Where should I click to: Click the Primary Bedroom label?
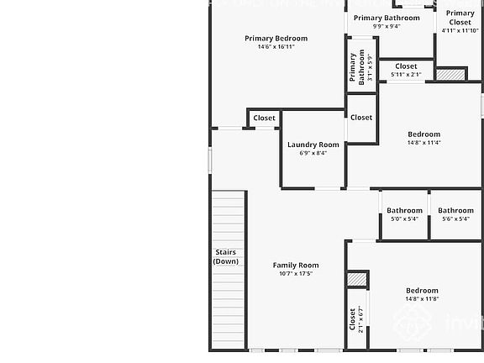click(x=276, y=38)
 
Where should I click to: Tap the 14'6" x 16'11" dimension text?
click(x=276, y=47)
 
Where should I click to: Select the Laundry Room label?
click(x=313, y=145)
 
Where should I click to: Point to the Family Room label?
click(x=296, y=265)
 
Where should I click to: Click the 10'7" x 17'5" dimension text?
click(x=296, y=274)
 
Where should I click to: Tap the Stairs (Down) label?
click(x=225, y=256)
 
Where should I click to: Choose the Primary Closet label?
click(x=460, y=18)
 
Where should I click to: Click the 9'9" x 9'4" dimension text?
click(x=387, y=26)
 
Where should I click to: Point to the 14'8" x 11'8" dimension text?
click(x=422, y=299)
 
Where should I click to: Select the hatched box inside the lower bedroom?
click(x=358, y=279)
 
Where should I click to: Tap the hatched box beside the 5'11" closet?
click(x=450, y=75)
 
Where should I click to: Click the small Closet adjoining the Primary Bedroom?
click(x=264, y=118)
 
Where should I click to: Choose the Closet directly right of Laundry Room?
click(x=361, y=118)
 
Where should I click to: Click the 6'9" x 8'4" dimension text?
click(x=313, y=153)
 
